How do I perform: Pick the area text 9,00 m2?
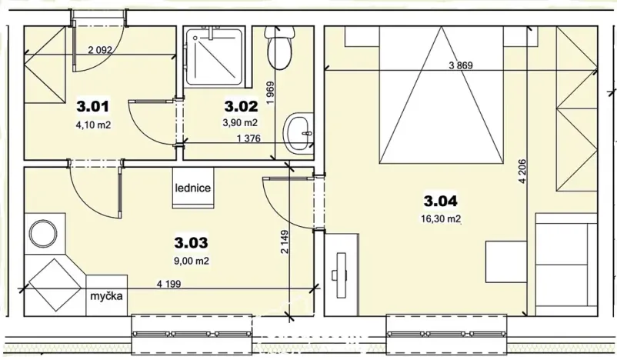[192, 260]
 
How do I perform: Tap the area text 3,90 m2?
[240, 122]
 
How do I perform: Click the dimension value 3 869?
[462, 65]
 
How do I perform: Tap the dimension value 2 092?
[102, 50]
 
